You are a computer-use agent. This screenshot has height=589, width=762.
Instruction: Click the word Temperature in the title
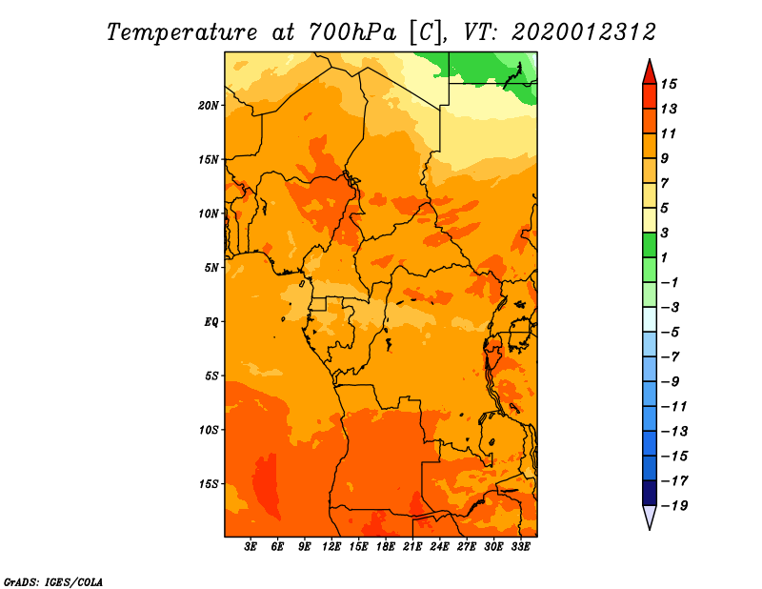coord(182,32)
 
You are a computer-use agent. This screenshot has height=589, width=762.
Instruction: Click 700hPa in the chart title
coord(351,32)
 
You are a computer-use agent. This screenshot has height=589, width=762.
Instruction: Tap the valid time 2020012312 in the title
coord(584,32)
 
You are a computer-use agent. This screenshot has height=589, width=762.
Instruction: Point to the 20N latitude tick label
coord(209,106)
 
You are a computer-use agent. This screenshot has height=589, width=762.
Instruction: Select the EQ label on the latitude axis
coord(211,322)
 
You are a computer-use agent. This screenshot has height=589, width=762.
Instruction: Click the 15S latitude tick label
coord(209,484)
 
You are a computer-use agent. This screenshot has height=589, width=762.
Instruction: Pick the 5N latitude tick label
coord(211,268)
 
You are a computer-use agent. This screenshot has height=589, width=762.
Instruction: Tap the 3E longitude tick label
coord(251,547)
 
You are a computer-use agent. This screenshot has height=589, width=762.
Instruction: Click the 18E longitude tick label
coord(386,547)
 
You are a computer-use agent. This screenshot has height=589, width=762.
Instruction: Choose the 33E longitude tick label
coord(520,547)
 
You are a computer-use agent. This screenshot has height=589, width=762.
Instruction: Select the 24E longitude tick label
coord(439,547)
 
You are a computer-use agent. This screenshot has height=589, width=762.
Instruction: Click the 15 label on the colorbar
coord(669,84)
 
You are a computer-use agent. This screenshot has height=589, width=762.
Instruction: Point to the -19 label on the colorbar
coord(674,506)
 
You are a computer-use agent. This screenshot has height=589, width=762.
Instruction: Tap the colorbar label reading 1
coord(664,257)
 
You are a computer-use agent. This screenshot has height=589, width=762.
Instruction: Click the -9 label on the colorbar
coord(671,382)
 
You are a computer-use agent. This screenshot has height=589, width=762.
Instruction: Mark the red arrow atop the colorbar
coord(650,73)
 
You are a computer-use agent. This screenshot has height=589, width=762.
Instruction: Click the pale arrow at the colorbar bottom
coord(650,517)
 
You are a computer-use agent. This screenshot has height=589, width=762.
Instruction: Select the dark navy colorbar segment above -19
coord(650,493)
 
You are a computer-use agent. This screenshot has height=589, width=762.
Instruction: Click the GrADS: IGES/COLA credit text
coord(53,582)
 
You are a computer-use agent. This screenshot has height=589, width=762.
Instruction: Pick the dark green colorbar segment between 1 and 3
coord(650,245)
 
